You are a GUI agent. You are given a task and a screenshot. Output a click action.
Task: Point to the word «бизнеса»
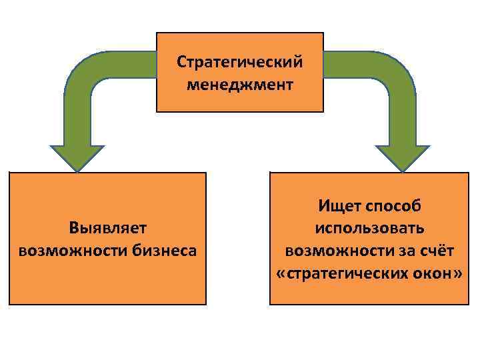coord(164,251)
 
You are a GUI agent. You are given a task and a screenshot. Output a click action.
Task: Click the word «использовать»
coord(369,228)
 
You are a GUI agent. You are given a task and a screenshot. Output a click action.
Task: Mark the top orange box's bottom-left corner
coord(157,111)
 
